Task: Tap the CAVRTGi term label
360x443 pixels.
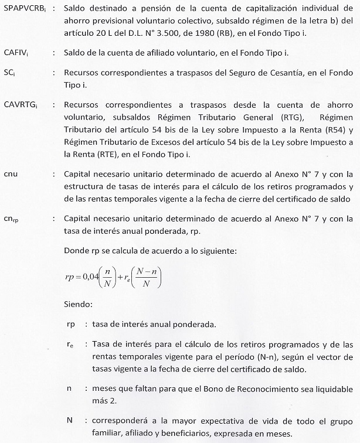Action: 21,105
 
